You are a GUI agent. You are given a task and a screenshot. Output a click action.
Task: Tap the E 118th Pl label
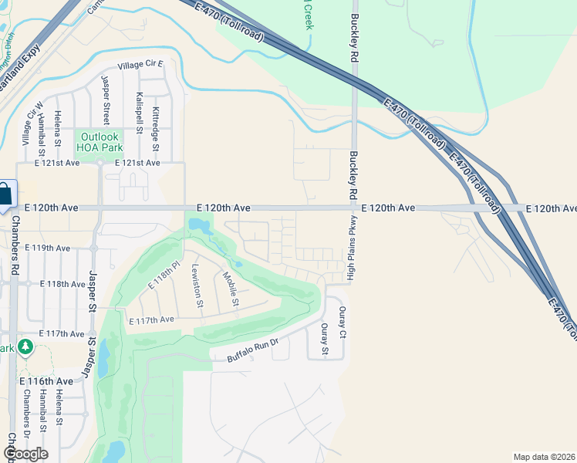[x=164, y=275]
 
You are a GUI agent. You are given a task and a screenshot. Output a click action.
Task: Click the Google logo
[x=25, y=454]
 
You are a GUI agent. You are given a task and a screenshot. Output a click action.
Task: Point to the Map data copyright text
[x=545, y=457]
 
